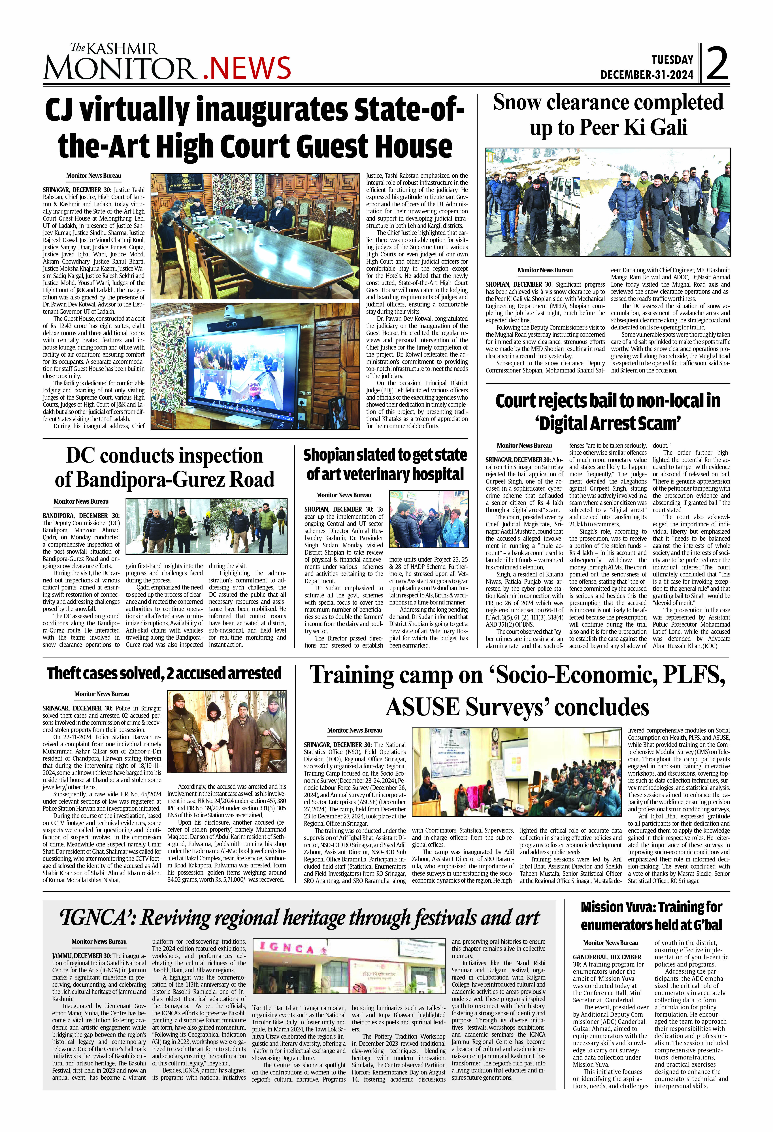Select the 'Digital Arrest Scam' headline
pos(608,412)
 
